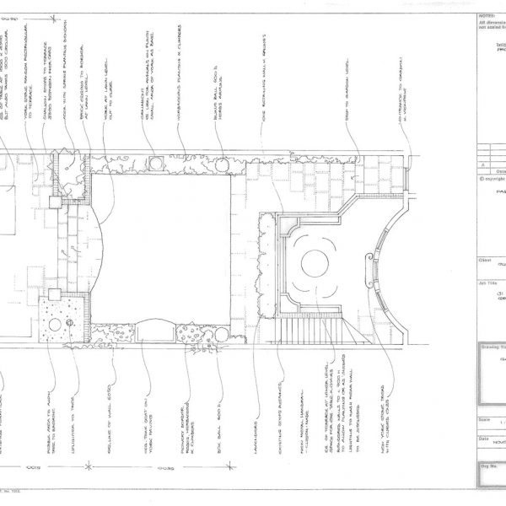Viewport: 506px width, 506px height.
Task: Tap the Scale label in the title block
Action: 484,419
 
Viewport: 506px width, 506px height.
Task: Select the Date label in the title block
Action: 483,438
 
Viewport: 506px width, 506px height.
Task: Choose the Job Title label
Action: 485,284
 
